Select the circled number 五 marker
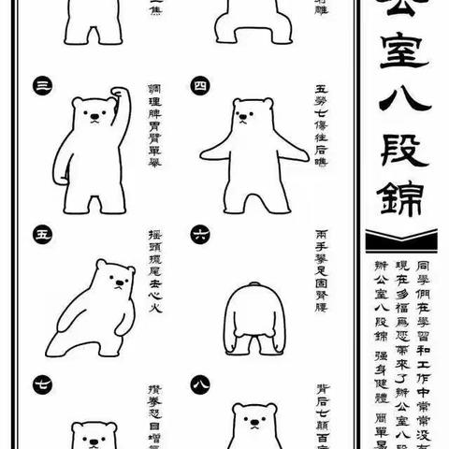click(x=41, y=230)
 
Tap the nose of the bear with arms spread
click(x=245, y=117)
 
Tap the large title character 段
click(x=398, y=159)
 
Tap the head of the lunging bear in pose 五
click(x=117, y=278)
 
